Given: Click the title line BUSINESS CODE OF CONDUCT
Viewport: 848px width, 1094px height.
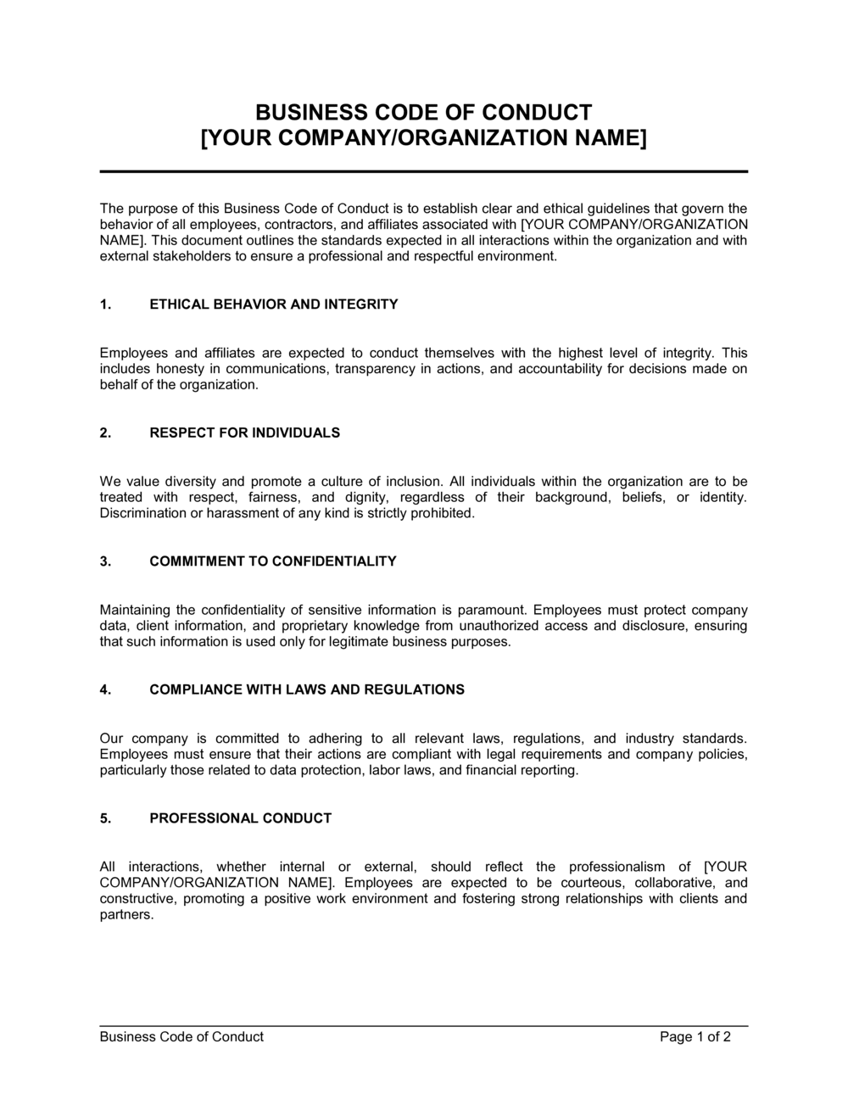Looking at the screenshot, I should pos(423,113).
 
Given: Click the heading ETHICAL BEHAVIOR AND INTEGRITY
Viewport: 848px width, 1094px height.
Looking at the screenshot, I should pos(273,304).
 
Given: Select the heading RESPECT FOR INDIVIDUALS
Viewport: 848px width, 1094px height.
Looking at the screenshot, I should pos(244,433).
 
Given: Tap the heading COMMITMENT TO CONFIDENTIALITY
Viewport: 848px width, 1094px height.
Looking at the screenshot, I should pos(272,561).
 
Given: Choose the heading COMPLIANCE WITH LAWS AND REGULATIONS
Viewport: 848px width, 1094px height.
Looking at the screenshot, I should pos(306,689).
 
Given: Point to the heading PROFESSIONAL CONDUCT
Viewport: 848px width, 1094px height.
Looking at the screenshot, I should pos(240,818).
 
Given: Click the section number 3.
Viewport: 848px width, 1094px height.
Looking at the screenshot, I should pos(105,561).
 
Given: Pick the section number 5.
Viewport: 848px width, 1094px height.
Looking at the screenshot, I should pos(105,818).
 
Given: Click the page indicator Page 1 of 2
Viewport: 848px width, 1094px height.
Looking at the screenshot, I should pos(695,1036).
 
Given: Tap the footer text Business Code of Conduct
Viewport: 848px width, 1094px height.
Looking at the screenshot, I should pos(181,1036).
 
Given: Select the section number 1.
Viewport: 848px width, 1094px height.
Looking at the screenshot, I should pos(105,304).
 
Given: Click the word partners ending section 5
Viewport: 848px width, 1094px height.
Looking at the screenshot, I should pos(126,915).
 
